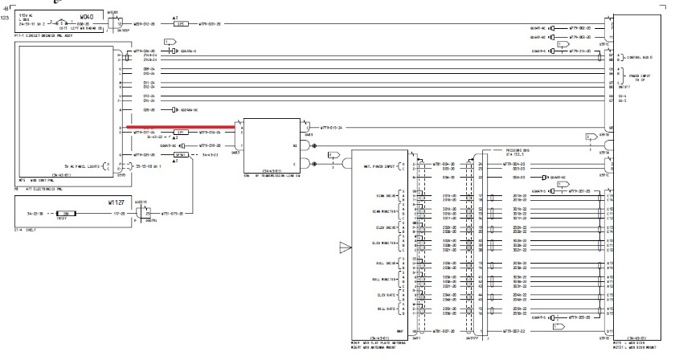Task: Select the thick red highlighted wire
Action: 177,126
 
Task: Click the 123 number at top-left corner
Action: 7,16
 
